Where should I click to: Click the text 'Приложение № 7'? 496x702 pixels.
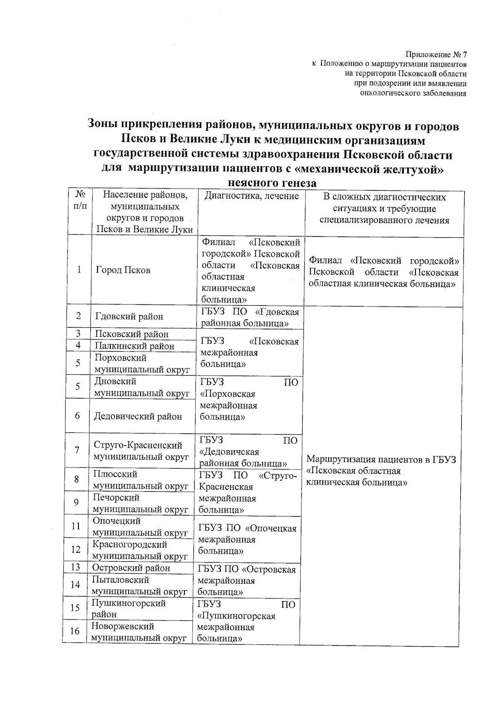[436, 55]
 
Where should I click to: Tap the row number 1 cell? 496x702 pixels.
[79, 270]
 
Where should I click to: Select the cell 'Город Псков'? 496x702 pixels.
[123, 270]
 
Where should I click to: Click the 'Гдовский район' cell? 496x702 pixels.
[129, 316]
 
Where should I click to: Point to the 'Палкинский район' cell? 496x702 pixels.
[134, 346]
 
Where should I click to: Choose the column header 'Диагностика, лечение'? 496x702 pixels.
[252, 196]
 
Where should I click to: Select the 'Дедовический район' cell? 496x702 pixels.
[138, 416]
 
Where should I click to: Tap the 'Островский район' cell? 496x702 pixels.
[131, 568]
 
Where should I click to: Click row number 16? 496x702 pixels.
[75, 631]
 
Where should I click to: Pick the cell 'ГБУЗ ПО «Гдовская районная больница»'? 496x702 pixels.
[250, 318]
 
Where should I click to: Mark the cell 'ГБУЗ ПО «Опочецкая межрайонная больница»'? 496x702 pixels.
[247, 539]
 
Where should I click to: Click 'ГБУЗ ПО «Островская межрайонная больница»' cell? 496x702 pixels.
[246, 580]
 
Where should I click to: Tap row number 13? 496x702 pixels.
[76, 567]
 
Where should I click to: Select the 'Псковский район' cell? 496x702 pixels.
[131, 334]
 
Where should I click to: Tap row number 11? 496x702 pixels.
[76, 526]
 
